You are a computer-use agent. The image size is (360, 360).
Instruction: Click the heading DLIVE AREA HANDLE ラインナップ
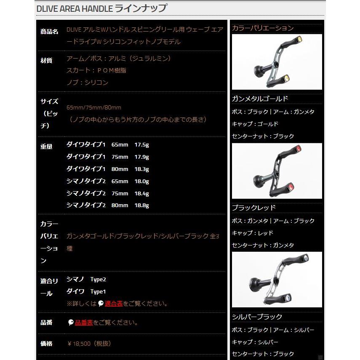point(101,8)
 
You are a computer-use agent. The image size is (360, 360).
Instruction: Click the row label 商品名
point(49,32)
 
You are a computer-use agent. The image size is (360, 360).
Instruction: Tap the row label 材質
point(46,61)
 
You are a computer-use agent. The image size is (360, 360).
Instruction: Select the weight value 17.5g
point(141,145)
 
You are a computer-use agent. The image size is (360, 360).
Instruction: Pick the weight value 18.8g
point(141,205)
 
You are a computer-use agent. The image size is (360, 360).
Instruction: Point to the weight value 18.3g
point(141,169)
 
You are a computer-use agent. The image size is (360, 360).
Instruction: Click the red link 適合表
point(114,304)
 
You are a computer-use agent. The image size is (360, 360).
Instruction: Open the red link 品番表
point(84,323)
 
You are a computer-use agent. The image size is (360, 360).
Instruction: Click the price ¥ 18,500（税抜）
point(89,344)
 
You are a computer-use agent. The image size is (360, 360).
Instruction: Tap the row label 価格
point(46,344)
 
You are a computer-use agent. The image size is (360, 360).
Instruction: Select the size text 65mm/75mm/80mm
point(94,108)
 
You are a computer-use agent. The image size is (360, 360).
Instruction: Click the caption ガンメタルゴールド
point(260,99)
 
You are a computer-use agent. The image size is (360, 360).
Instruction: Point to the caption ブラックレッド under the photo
point(254,208)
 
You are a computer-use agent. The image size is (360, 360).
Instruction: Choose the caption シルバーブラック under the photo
point(257,317)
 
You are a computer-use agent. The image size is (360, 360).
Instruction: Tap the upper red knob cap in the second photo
point(298,148)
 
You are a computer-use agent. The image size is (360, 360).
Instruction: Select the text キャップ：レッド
point(253,233)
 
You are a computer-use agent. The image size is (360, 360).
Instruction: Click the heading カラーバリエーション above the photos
point(263,28)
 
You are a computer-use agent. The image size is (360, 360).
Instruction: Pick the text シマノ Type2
point(83,280)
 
